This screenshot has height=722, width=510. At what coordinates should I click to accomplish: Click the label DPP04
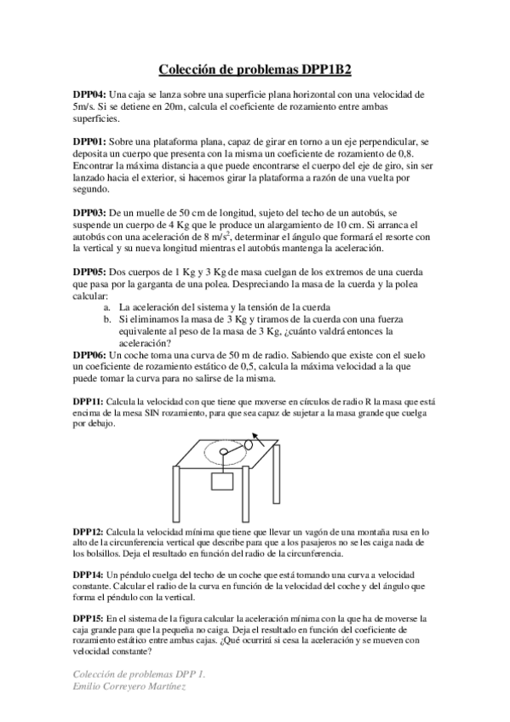(89, 95)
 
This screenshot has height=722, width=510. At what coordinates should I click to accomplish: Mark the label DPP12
(88, 530)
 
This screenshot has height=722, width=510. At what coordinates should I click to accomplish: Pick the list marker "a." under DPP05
(107, 307)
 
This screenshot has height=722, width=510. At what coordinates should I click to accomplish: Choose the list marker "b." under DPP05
(107, 318)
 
